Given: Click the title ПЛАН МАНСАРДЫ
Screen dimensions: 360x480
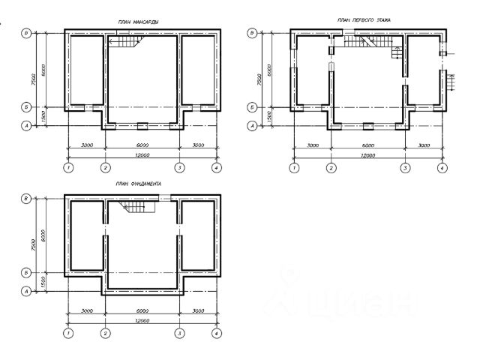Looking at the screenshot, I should pyautogui.click(x=138, y=22).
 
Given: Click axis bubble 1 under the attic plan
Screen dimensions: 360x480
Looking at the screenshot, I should pyautogui.click(x=68, y=167).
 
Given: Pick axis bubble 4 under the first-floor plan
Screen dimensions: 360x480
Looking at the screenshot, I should pyautogui.click(x=442, y=167).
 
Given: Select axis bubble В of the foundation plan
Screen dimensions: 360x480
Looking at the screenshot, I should pyautogui.click(x=26, y=198).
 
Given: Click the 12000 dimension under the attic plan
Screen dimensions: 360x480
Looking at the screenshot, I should pyautogui.click(x=142, y=154).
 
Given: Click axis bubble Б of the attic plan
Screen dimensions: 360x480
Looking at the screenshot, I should pyautogui.click(x=26, y=108).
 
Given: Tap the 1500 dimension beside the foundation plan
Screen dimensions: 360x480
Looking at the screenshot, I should pyautogui.click(x=43, y=282).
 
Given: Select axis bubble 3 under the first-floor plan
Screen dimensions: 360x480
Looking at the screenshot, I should pyautogui.click(x=405, y=167).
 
